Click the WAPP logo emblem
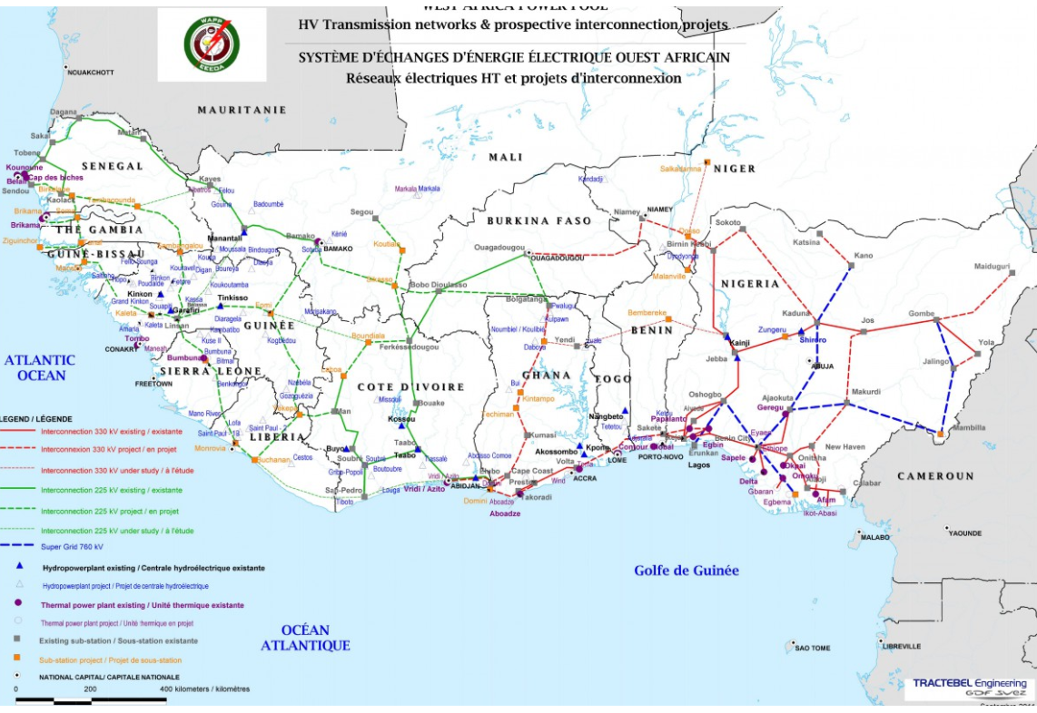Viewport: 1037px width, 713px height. click(x=211, y=44)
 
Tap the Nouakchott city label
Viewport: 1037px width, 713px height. click(x=91, y=72)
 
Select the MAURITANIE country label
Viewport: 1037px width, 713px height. click(x=242, y=110)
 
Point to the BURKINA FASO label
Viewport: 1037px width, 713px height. click(x=538, y=220)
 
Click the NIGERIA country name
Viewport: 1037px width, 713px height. click(x=750, y=284)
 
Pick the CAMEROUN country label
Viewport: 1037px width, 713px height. click(x=935, y=476)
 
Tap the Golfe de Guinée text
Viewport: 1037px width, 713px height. click(x=686, y=571)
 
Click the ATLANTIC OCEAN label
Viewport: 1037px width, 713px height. click(x=40, y=367)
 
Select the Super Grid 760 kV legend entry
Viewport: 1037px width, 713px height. click(x=73, y=546)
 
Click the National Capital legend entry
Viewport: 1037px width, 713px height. click(x=109, y=677)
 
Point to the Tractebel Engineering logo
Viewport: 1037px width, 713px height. click(x=969, y=688)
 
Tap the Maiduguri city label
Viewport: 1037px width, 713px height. click(x=992, y=267)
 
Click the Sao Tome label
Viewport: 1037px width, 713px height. click(x=813, y=648)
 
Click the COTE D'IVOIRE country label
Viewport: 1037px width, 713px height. click(x=410, y=387)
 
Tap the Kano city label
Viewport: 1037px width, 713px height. click(x=863, y=255)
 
